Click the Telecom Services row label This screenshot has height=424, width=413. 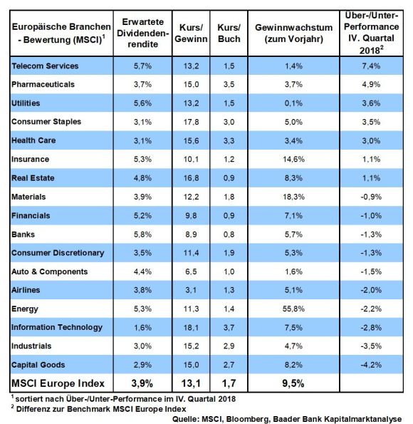pyautogui.click(x=45, y=66)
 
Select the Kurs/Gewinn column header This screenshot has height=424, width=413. pyautogui.click(x=191, y=33)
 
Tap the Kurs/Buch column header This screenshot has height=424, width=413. pyautogui.click(x=229, y=33)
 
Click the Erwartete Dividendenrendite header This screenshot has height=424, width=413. pyautogui.click(x=142, y=33)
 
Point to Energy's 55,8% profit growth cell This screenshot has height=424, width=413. pyautogui.click(x=293, y=309)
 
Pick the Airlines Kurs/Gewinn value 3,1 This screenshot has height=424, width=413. pyautogui.click(x=191, y=290)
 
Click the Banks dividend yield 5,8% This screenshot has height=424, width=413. pyautogui.click(x=142, y=234)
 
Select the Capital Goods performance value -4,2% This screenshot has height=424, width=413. pyautogui.click(x=371, y=365)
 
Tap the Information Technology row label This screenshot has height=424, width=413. pyautogui.click(x=57, y=328)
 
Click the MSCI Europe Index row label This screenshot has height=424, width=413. pyautogui.click(x=58, y=383)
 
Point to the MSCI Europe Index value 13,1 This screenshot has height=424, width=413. pyautogui.click(x=191, y=383)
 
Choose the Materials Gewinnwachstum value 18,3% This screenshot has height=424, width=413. pyautogui.click(x=293, y=197)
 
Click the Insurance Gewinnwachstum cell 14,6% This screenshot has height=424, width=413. pyautogui.click(x=293, y=160)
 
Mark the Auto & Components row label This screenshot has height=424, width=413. pyautogui.click(x=49, y=272)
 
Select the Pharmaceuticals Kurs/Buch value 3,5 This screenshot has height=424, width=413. pyautogui.click(x=229, y=84)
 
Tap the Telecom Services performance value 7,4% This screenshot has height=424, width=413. pyautogui.click(x=371, y=66)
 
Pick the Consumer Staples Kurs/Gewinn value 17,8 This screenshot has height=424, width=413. pyautogui.click(x=191, y=122)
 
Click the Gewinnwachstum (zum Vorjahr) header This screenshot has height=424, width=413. pyautogui.click(x=294, y=33)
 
